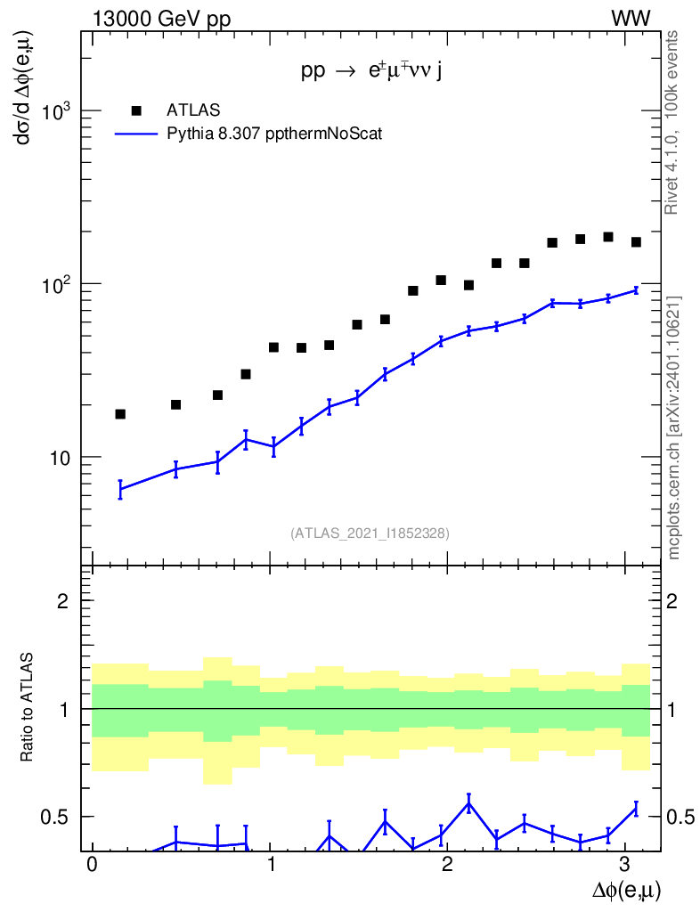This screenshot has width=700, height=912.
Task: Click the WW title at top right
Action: (x=655, y=19)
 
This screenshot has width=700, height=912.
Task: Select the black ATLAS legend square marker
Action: (x=136, y=110)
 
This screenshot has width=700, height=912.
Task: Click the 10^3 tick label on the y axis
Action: (x=54, y=111)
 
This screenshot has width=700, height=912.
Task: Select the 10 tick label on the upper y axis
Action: (x=59, y=459)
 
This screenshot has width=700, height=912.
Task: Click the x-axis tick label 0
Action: (x=92, y=866)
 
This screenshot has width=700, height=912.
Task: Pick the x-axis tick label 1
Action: (x=270, y=866)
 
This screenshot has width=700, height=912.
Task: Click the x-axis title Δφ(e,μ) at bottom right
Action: (x=626, y=890)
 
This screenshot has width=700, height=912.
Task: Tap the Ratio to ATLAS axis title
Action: (x=28, y=707)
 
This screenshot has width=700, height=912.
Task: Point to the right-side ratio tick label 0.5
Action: (x=680, y=818)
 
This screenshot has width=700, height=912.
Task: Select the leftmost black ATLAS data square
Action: (x=120, y=414)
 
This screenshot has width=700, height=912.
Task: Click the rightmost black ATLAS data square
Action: (x=636, y=242)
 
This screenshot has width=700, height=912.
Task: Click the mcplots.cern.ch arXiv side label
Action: (x=674, y=427)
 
